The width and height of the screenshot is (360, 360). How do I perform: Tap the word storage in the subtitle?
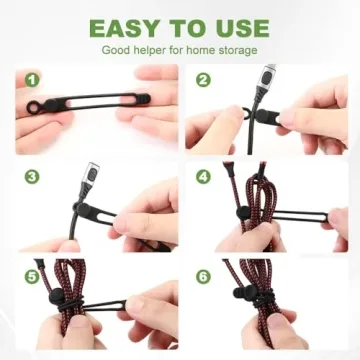tap(234, 49)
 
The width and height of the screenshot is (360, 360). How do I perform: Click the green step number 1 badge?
tap(32, 79)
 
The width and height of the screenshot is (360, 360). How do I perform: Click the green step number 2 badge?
tap(204, 79)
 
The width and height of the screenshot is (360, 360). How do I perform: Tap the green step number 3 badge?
tap(32, 176)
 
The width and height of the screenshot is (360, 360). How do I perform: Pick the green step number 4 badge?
tap(204, 176)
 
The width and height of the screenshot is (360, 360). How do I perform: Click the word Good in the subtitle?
tap(117, 49)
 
